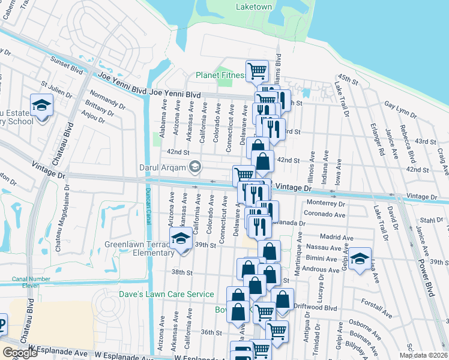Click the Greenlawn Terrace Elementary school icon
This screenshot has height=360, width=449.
tap(181, 239)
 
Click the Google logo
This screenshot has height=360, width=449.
tap(20, 353)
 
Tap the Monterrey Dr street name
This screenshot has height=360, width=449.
tap(325, 204)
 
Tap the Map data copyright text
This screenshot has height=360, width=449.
tap(423, 355)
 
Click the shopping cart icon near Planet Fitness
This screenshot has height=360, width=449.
tap(257, 71)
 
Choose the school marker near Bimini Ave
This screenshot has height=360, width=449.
tap(360, 259)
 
